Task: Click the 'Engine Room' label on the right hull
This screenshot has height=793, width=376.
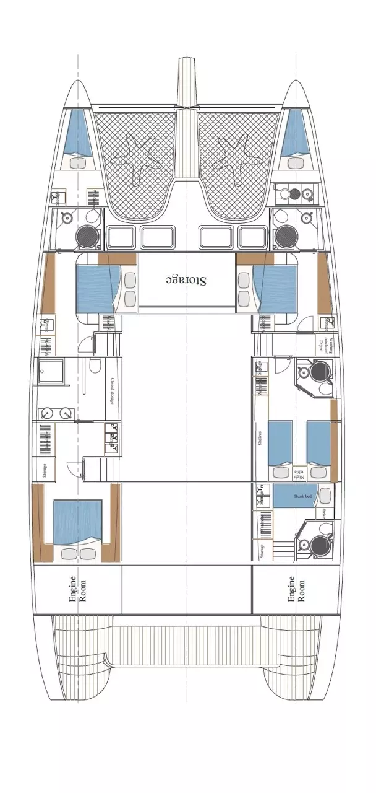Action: click(x=296, y=589)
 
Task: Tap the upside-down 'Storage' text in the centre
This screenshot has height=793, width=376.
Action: click(x=187, y=280)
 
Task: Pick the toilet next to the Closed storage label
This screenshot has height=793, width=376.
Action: click(x=93, y=367)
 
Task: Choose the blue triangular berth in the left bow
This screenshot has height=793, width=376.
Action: click(x=77, y=133)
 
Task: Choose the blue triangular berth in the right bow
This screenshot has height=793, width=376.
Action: click(x=296, y=133)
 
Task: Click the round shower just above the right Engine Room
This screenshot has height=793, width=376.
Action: click(x=320, y=545)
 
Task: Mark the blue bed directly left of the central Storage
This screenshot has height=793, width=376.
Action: click(x=96, y=287)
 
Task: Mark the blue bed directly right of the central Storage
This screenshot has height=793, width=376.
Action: click(x=276, y=287)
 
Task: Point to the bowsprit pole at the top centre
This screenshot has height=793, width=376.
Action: click(x=187, y=81)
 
